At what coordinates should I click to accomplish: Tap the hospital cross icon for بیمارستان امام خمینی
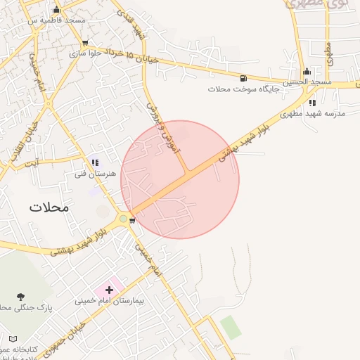point(109,289)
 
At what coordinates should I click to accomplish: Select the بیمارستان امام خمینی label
point(110,301)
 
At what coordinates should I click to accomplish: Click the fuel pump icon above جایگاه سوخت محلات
point(243,78)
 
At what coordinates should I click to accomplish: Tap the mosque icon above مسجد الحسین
point(307,72)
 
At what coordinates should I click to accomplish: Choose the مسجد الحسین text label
point(307,83)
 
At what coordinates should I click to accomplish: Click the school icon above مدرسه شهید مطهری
point(312,103)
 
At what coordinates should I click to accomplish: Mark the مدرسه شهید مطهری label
point(307,114)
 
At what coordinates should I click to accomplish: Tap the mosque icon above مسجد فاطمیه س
point(57,10)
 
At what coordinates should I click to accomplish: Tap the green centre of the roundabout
point(124,219)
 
